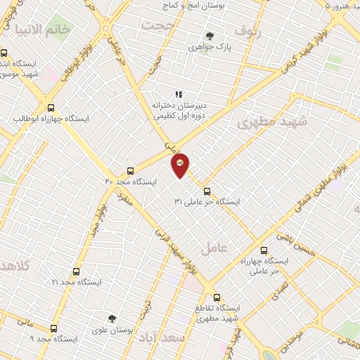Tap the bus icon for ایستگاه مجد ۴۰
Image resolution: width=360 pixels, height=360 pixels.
pos(130,171)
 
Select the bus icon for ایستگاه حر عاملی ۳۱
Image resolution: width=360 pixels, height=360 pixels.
pos(207,191)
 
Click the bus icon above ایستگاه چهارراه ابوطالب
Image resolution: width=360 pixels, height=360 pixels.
pos(51,108)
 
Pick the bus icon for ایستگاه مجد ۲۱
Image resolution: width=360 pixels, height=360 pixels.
pos(76,271)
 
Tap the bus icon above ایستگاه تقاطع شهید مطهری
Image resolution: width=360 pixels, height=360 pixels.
pos(217,297)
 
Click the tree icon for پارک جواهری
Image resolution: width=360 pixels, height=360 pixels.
pos(209,36)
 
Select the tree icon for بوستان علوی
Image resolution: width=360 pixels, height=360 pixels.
pos(112,319)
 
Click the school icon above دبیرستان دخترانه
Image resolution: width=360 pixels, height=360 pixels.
pos(179,94)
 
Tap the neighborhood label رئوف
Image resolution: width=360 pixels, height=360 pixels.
pos(249,32)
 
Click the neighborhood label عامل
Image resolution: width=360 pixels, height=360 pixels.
pos(213,247)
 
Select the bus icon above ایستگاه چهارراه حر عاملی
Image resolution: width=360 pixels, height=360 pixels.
pos(264,250)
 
